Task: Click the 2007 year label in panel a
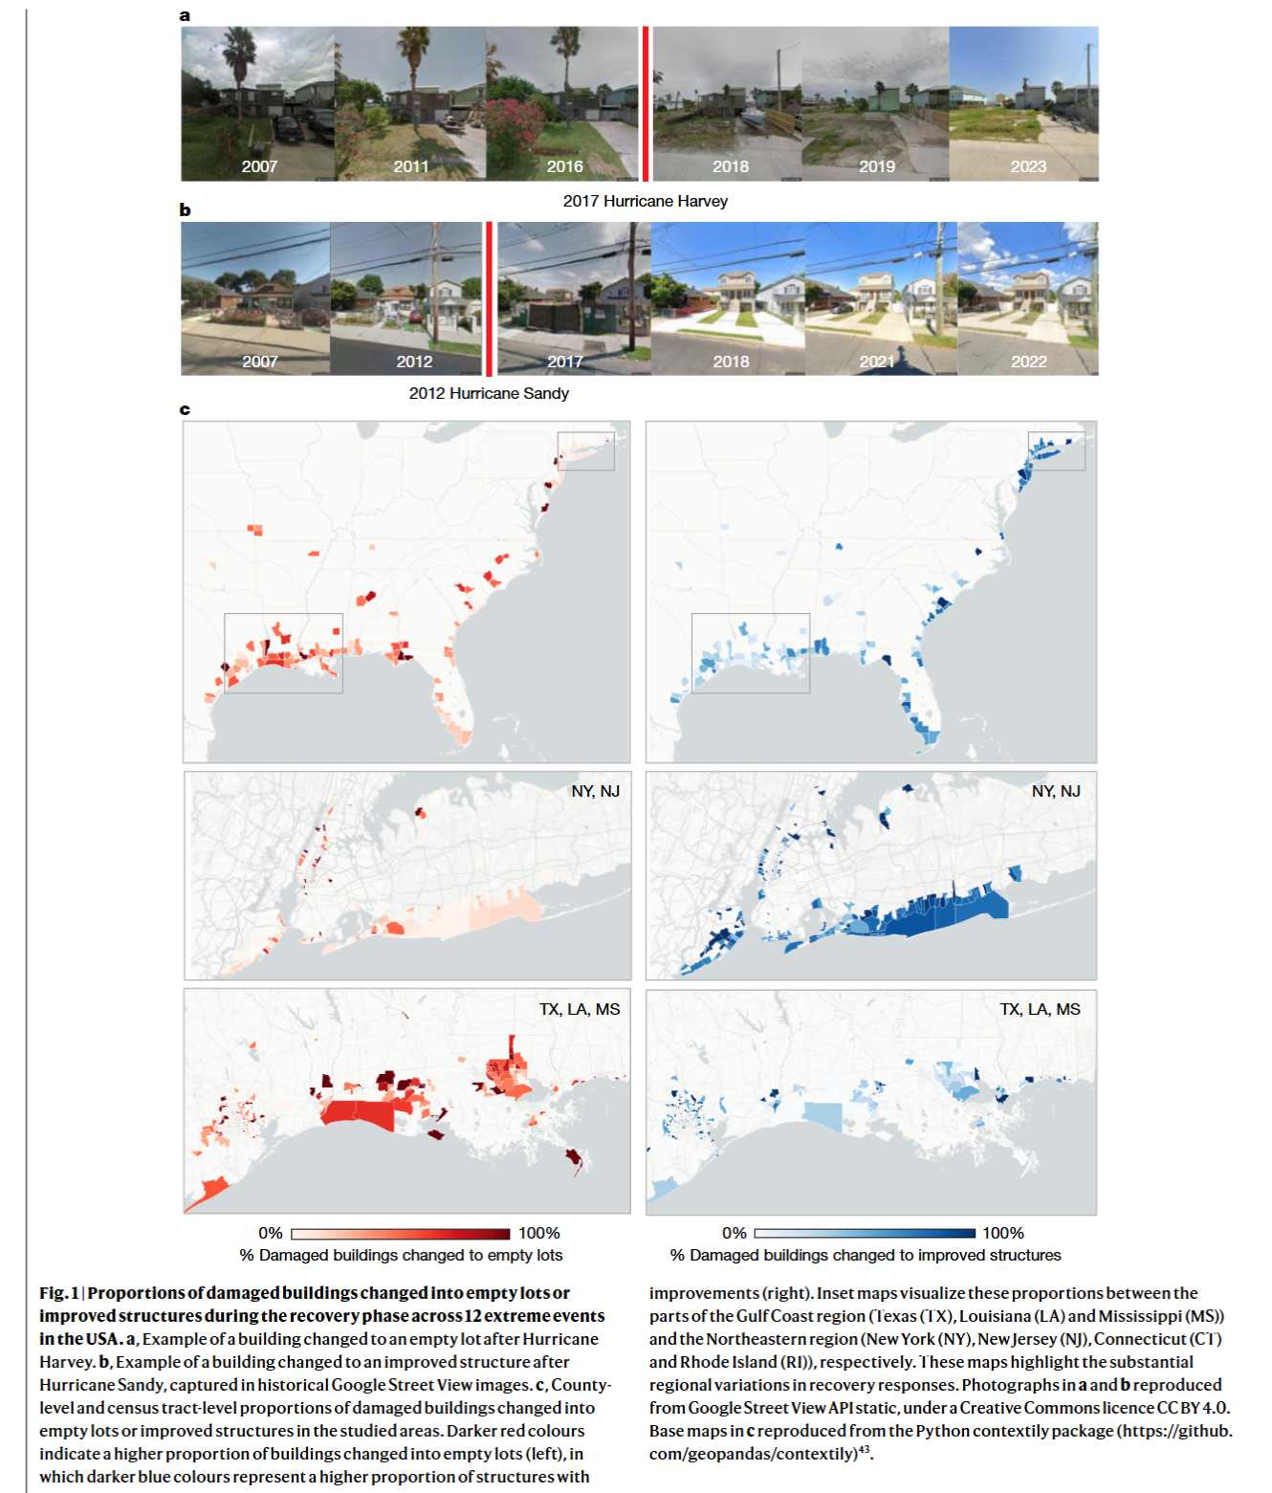pos(259,166)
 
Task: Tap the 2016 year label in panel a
pos(564,166)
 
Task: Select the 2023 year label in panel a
pos(1028,166)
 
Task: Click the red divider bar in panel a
pos(646,103)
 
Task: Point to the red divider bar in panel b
pos(490,298)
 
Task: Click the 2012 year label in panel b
pos(414,362)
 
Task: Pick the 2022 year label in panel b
pos(1028,362)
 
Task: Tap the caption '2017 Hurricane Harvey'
pos(645,201)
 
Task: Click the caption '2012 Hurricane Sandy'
pos(489,393)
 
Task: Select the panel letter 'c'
pos(185,409)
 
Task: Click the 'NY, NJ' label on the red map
pos(595,791)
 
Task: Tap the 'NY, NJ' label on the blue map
pos(1055,791)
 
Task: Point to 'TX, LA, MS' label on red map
pos(580,1009)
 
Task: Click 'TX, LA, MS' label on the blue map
pos(1040,1009)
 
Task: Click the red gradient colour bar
pos(400,1234)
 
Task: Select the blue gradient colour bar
pos(864,1234)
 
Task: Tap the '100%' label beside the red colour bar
pos(538,1234)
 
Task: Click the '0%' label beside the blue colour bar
pos(734,1234)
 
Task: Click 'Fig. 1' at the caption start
pos(58,1293)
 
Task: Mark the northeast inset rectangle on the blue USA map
pos(1056,450)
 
